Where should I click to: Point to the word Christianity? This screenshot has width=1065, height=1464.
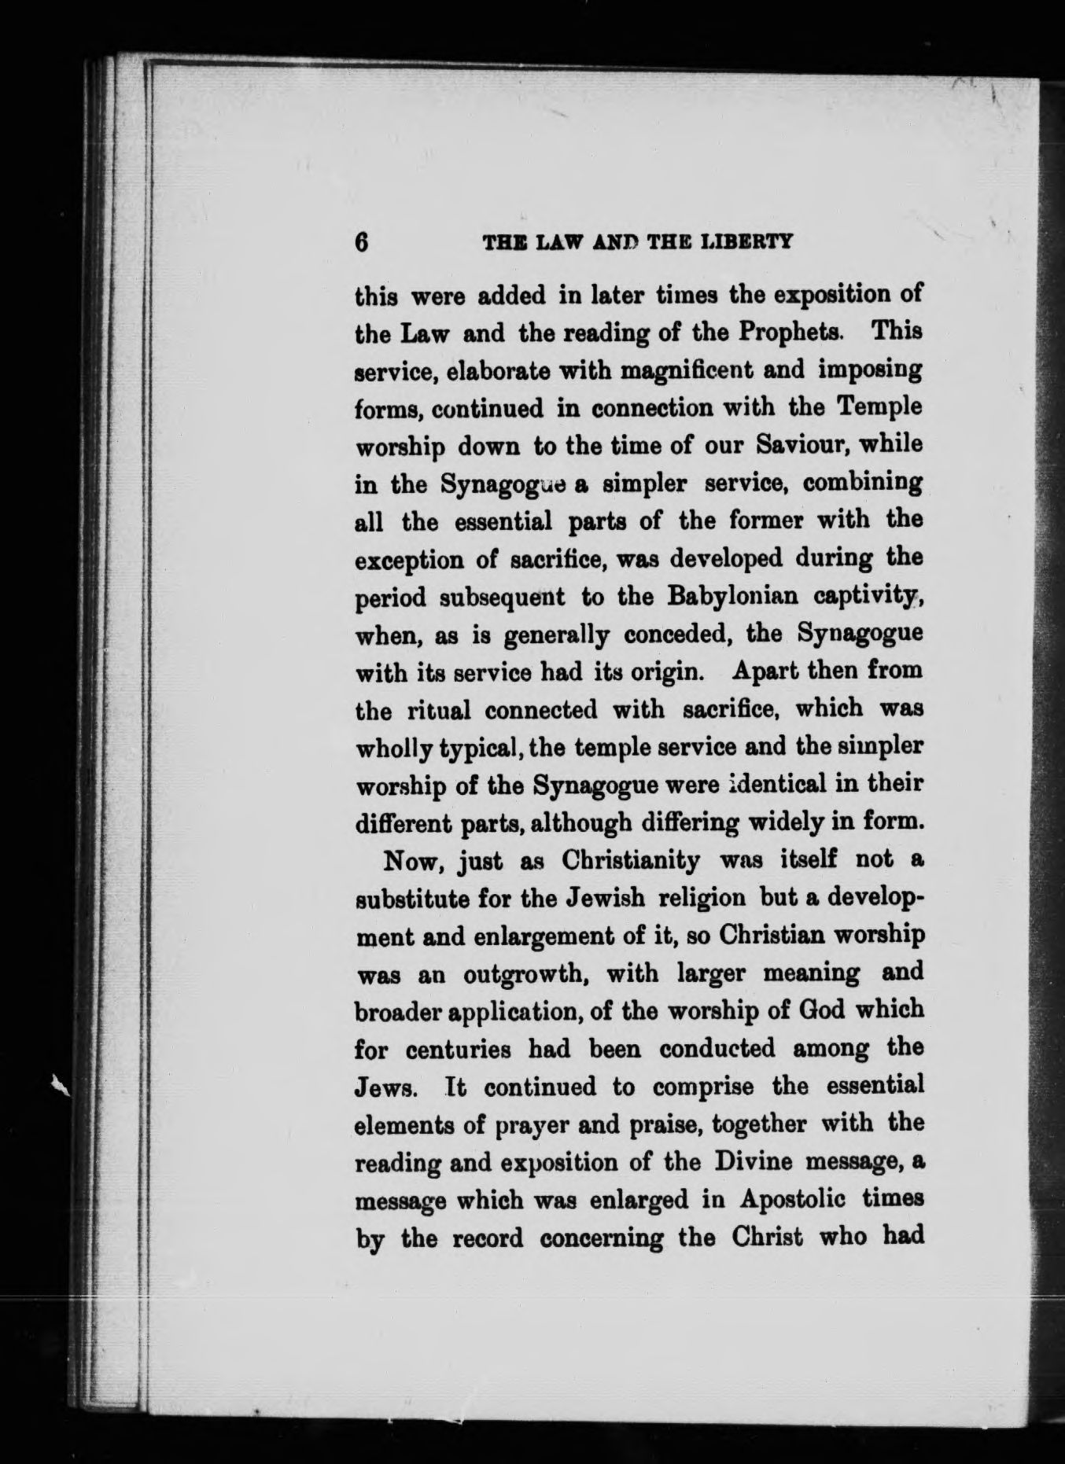point(631,861)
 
